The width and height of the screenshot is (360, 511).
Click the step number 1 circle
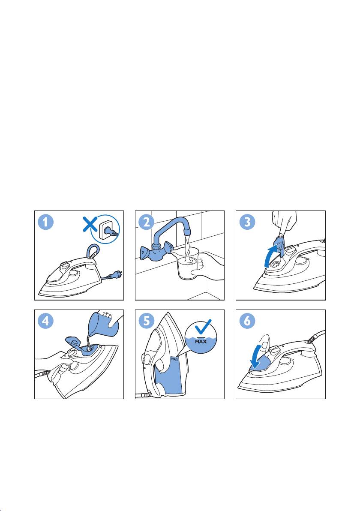(46, 222)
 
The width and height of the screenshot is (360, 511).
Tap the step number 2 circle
(147, 222)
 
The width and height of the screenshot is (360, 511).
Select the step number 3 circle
(247, 222)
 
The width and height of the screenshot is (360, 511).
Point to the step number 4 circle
(46, 322)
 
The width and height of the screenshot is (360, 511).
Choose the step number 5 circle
(147, 322)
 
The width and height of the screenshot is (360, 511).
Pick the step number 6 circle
(247, 322)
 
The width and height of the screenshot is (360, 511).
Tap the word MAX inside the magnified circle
(201, 342)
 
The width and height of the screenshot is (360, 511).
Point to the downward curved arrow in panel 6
(258, 358)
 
